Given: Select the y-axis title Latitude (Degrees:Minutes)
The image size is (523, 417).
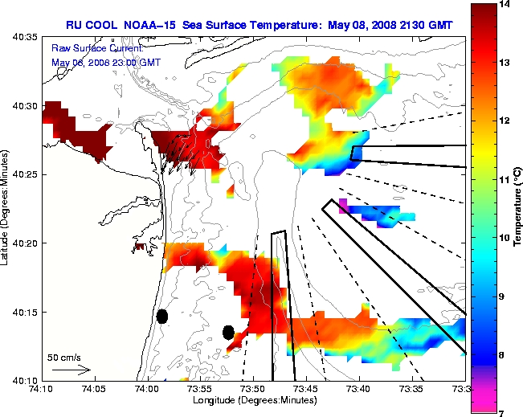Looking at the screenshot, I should (x=7, y=207).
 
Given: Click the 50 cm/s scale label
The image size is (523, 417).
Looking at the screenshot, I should (x=64, y=357).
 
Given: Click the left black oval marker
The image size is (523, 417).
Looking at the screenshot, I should (x=161, y=316).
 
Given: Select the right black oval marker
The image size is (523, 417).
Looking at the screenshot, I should (x=228, y=331).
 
